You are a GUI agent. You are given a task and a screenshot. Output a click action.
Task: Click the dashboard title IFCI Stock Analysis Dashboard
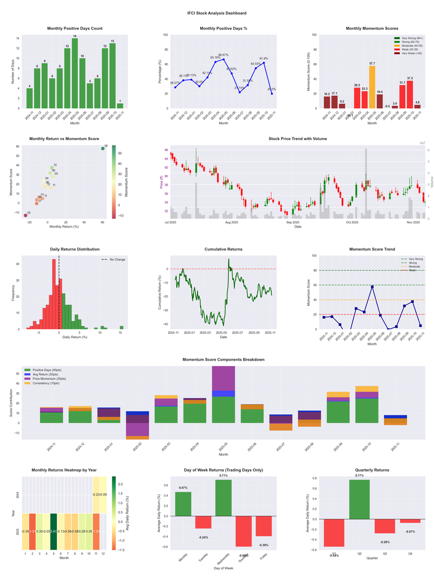pos(216,13)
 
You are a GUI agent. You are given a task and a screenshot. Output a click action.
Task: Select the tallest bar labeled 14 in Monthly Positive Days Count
pos(75,73)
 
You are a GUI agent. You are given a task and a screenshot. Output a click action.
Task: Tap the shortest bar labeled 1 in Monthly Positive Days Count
pos(120,105)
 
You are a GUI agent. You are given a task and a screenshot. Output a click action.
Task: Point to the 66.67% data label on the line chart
pos(224,55)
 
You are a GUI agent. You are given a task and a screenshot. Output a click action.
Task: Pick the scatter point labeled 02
pos(25,216)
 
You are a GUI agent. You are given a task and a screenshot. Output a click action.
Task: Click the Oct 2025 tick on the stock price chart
pos(352,222)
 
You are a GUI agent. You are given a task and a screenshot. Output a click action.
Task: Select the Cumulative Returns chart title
pos(224,249)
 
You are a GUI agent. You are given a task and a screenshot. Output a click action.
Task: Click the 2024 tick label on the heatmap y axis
pos(19,495)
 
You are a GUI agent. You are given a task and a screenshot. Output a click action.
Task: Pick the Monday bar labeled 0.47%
pos(183,504)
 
